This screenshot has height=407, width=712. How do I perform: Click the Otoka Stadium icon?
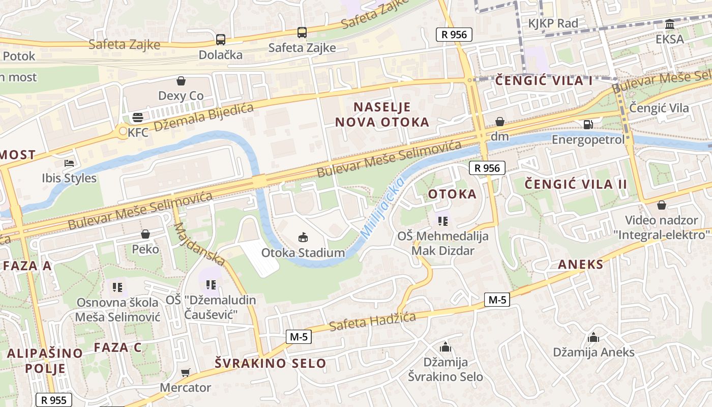pos(303,237)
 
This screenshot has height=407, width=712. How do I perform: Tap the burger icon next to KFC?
pos(137,118)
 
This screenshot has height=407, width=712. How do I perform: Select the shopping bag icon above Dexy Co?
pos(181,80)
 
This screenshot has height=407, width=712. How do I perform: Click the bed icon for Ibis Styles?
pos(69,163)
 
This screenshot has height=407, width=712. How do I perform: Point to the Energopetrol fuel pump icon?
pos(588,124)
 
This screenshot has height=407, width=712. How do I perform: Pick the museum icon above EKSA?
pos(670,24)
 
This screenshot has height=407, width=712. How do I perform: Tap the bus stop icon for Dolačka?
pos(220,39)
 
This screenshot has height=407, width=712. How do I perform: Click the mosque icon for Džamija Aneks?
pos(593,337)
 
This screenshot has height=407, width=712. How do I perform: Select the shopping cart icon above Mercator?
pos(186,372)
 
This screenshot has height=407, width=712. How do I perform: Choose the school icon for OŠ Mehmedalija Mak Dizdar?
pos(442,221)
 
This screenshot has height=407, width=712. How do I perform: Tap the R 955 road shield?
pos(53,400)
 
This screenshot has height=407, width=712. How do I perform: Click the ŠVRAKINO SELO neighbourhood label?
pos(270,363)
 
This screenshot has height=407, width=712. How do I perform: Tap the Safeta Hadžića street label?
pos(372,321)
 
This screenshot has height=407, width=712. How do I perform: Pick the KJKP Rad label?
pos(553,23)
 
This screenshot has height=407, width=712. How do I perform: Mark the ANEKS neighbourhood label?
pos(580,264)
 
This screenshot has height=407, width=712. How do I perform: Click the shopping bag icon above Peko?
pos(145,234)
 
